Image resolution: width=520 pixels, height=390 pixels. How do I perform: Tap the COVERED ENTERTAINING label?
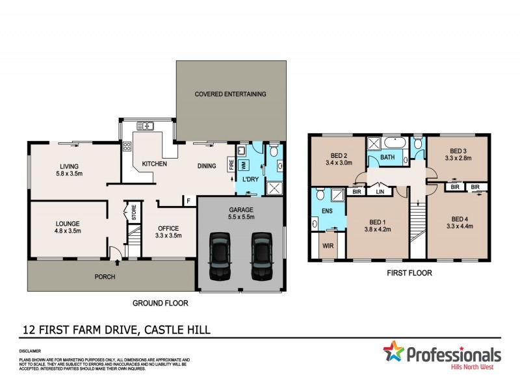coord(231,94)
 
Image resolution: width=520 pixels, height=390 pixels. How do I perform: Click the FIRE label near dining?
coord(231,166)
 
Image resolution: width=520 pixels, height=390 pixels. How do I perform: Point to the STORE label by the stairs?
coord(133,213)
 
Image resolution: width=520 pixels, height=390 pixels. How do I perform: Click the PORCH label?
coord(105,277)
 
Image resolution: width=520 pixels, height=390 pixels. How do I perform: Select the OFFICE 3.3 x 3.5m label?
coord(169,232)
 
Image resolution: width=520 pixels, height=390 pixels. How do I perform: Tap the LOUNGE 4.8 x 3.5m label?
coord(68,227)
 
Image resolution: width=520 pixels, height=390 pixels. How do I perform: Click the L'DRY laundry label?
coord(251,179)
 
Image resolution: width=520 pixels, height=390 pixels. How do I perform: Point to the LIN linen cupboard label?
coord(380,192)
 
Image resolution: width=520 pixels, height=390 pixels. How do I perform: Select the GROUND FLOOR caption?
coord(159,303)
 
